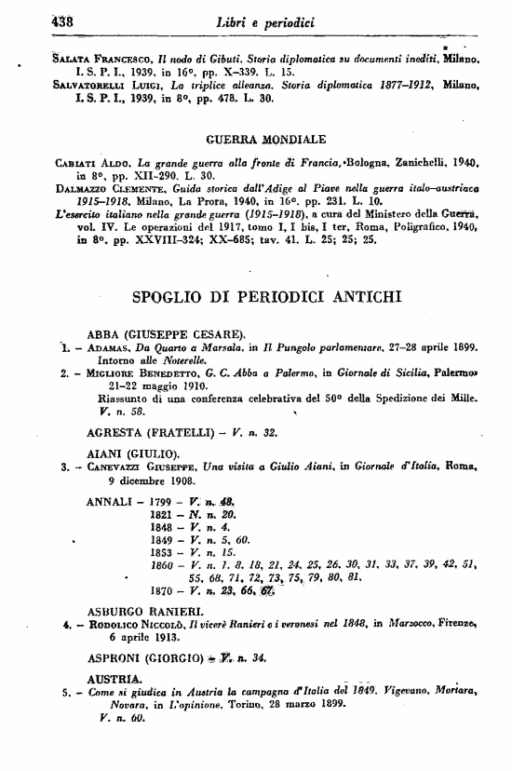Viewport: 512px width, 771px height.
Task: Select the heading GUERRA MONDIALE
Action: [x=263, y=141]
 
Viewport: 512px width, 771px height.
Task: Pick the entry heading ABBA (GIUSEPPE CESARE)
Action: [x=166, y=333]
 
